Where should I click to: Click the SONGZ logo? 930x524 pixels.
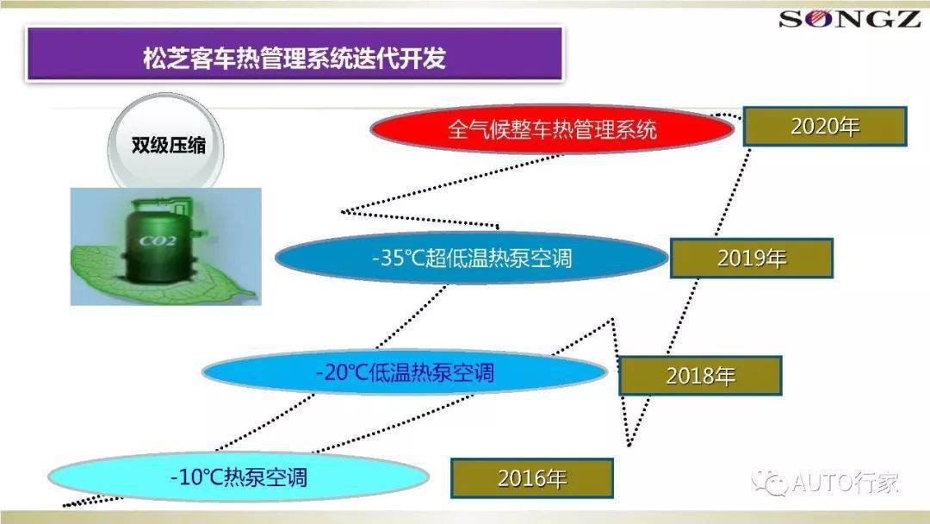[849, 19]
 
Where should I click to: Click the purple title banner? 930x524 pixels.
[294, 53]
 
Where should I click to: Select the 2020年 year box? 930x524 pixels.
[825, 127]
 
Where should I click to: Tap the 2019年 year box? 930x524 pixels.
[752, 259]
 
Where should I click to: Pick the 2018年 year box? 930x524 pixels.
[700, 376]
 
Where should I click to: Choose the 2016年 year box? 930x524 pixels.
[532, 477]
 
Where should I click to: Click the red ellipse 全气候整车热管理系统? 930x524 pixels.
[552, 128]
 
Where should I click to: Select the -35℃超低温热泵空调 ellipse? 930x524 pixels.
[472, 259]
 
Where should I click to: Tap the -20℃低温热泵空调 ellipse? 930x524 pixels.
[405, 372]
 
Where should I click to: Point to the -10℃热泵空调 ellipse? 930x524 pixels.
[239, 477]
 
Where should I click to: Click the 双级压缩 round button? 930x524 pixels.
[167, 144]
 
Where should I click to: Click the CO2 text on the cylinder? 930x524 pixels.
[158, 241]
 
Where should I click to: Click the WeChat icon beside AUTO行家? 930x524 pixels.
[771, 483]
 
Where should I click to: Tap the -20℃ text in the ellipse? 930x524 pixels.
[342, 372]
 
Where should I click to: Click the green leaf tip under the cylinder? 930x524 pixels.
[256, 295]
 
